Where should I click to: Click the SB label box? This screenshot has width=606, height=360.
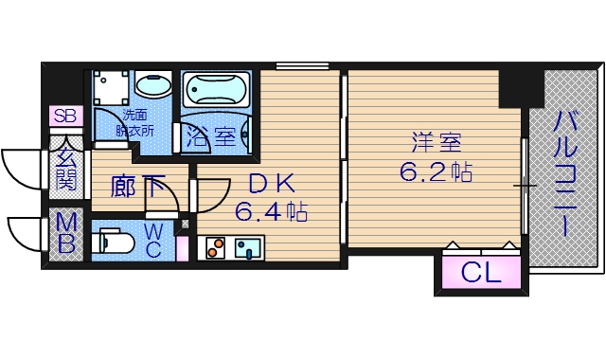click(x=65, y=117)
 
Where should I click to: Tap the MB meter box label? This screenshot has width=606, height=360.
click(x=65, y=234)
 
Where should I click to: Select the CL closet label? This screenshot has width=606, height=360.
click(x=481, y=275)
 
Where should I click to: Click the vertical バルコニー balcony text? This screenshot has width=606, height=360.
click(x=567, y=176)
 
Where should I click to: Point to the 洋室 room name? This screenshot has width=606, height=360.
click(x=436, y=144)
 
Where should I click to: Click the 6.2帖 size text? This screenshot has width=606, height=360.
click(x=436, y=172)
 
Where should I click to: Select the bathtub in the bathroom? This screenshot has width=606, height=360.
click(x=215, y=92)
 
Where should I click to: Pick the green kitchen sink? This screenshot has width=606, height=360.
click(x=249, y=248)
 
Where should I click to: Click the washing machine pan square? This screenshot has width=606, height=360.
click(x=110, y=91)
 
